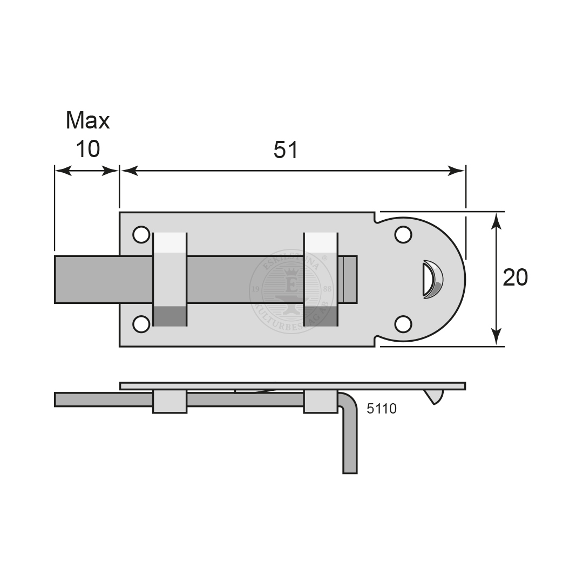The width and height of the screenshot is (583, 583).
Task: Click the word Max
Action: (87, 120)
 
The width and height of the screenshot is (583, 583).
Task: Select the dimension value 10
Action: (87, 149)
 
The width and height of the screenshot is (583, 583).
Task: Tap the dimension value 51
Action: (286, 151)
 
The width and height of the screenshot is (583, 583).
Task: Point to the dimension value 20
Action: (515, 277)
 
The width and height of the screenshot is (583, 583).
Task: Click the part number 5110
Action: (381, 409)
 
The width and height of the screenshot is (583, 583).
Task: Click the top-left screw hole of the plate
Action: (141, 235)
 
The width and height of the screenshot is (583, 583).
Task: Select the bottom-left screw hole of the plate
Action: (141, 324)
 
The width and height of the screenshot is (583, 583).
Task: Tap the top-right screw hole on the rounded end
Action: (403, 235)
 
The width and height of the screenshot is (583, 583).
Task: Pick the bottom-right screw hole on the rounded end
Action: (403, 324)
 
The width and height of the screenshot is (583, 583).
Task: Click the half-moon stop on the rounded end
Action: (432, 279)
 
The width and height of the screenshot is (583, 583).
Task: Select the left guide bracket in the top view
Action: (170, 279)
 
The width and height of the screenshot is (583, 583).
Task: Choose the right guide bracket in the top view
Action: (321, 279)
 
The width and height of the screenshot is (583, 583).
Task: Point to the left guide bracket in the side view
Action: (170, 402)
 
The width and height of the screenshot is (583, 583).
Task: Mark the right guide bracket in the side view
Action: (321, 402)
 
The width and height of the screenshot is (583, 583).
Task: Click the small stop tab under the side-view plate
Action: (435, 396)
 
